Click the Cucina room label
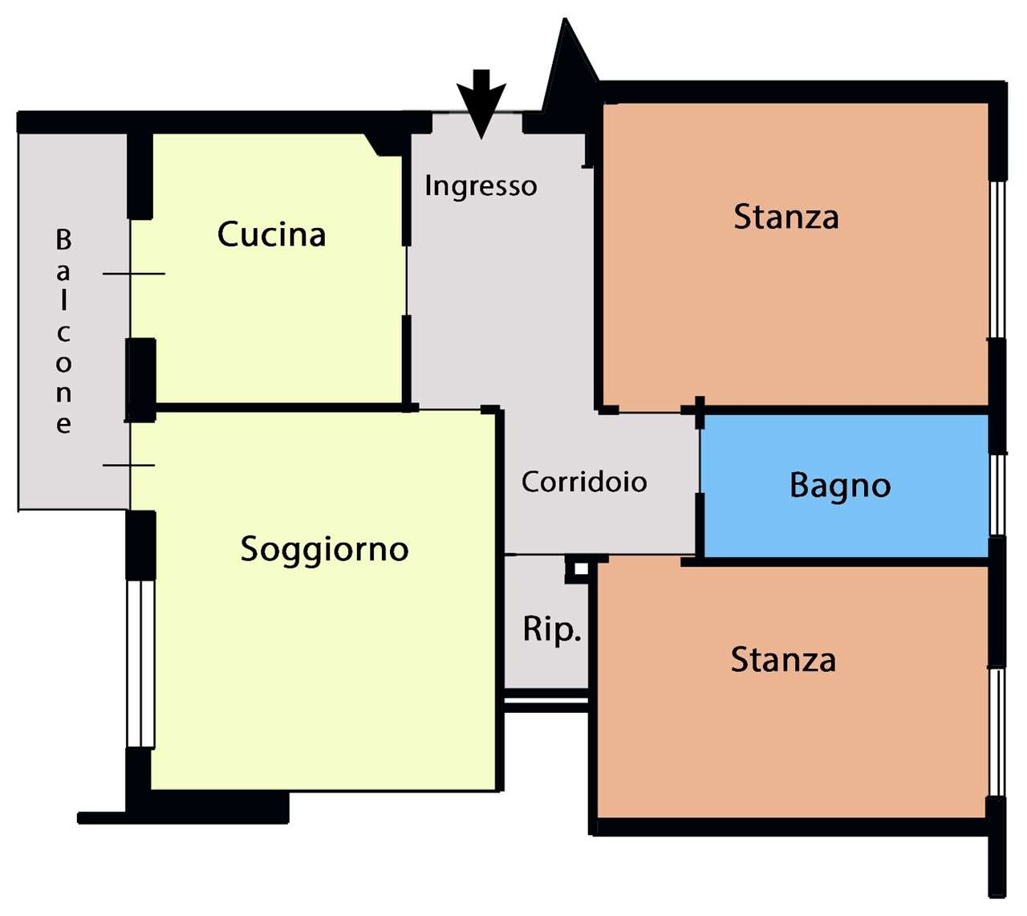[x=271, y=234]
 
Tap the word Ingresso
[x=481, y=186]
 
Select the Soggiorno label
[x=324, y=549]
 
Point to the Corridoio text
[x=584, y=482]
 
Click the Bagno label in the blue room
[x=840, y=486]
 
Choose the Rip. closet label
[x=551, y=629]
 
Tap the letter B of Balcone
[x=63, y=239]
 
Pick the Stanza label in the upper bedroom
[x=786, y=217]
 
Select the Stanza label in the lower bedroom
[x=783, y=660]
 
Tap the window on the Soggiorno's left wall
[x=140, y=663]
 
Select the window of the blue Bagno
[x=997, y=494]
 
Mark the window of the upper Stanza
[x=997, y=259]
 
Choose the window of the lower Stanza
[x=997, y=731]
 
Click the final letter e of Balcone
[x=63, y=424]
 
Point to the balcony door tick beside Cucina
[x=133, y=274]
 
